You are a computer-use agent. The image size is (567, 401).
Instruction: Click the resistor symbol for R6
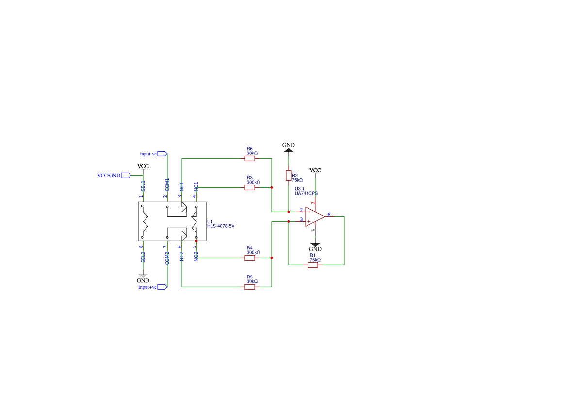250,158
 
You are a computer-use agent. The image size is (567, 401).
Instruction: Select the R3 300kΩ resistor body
250,187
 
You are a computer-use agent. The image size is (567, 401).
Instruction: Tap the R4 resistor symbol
250,258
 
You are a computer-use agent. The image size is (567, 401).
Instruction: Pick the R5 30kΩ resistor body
250,287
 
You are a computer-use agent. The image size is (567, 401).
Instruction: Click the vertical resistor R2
289,175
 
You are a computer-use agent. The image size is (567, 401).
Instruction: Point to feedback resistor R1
313,265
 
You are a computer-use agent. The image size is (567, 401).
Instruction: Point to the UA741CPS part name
306,193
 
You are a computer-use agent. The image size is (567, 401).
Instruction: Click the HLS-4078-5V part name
221,226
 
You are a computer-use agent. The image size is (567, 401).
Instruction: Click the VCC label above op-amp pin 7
315,170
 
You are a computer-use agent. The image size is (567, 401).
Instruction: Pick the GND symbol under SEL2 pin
143,278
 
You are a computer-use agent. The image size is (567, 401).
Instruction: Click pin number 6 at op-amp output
329,214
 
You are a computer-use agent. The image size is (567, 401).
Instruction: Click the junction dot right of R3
272,187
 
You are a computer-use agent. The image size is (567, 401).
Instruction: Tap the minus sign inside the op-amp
309,212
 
